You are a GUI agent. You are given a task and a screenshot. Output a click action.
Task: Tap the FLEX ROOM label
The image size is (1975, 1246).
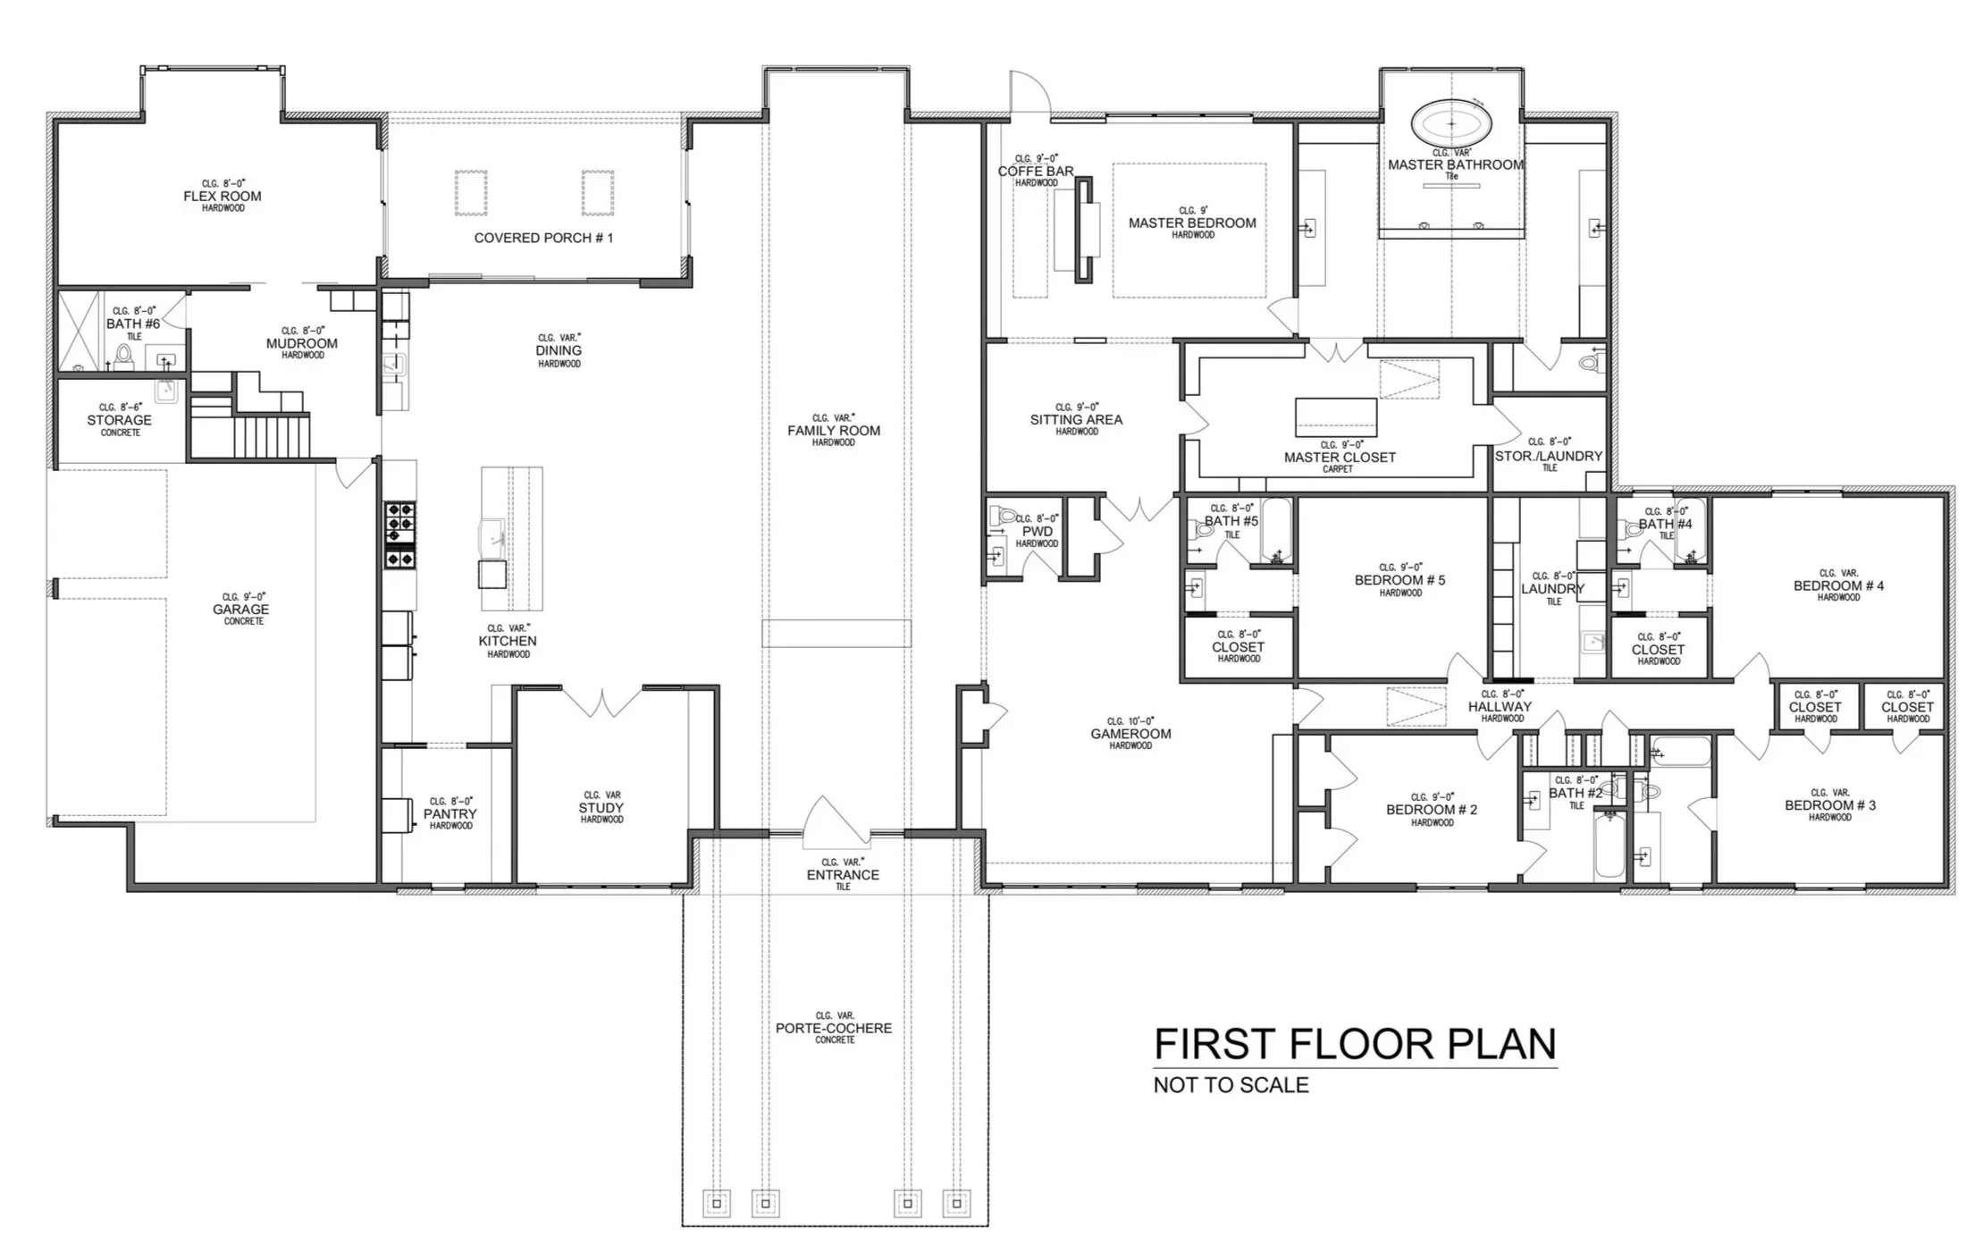(x=223, y=197)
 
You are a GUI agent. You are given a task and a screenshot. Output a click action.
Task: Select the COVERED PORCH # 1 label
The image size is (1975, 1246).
(x=543, y=238)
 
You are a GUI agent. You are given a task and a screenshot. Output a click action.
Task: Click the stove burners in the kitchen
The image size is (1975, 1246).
(x=399, y=535)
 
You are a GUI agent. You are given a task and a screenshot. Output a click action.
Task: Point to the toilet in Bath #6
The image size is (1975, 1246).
(x=124, y=357)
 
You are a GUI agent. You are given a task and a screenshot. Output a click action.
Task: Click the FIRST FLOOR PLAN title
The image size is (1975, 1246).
(x=1355, y=1044)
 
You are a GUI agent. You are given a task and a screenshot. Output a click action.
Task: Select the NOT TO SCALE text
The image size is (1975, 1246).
(x=1231, y=1085)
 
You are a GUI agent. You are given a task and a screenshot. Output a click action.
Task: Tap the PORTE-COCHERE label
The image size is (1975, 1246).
(x=834, y=1028)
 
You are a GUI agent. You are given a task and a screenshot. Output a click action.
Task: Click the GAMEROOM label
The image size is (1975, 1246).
(x=1130, y=734)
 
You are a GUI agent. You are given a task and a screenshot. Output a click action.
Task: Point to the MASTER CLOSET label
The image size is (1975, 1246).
(x=1340, y=457)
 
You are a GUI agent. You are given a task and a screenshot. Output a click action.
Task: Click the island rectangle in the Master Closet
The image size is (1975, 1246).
(x=1336, y=417)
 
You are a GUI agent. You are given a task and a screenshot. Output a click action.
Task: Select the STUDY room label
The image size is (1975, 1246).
(x=601, y=808)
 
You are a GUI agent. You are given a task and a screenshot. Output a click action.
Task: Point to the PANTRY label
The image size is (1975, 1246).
(x=450, y=814)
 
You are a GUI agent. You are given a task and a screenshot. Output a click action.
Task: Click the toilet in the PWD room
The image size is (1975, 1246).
(x=1005, y=517)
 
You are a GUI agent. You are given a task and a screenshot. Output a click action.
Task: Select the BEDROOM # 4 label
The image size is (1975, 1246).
(x=1838, y=586)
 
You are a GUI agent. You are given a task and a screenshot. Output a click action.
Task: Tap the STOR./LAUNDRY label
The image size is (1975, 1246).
(x=1549, y=456)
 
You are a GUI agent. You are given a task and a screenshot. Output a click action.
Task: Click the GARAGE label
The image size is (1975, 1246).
(x=241, y=610)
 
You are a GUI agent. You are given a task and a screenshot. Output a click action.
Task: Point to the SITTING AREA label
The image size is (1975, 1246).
(x=1076, y=419)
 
